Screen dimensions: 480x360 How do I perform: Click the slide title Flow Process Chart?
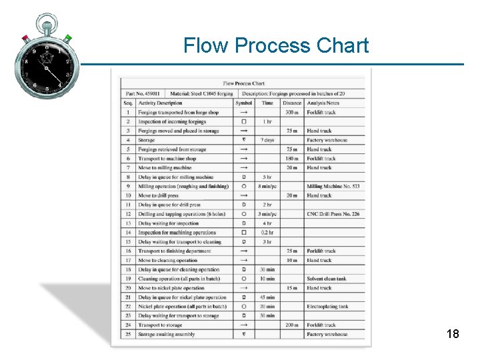coord(275,45)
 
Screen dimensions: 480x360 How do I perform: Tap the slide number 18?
coord(453,334)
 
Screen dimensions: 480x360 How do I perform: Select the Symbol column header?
coord(244,103)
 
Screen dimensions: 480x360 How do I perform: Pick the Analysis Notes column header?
coord(323,103)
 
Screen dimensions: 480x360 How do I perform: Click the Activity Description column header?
coord(160,103)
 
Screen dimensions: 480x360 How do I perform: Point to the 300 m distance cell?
coord(292,112)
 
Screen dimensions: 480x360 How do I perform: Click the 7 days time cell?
coord(267,140)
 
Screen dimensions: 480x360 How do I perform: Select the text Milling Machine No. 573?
coord(333,187)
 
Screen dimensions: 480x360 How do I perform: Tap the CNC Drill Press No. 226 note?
coord(333,214)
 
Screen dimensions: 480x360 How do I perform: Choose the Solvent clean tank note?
coord(327,279)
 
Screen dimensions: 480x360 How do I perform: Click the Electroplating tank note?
coord(327,307)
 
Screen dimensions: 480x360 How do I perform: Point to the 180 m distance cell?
coord(292,159)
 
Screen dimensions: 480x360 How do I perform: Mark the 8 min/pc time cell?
coord(267,187)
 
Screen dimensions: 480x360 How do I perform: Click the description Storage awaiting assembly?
coord(167,334)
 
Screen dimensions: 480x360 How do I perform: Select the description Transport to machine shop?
coord(167,159)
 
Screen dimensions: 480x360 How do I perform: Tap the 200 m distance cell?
coord(292,325)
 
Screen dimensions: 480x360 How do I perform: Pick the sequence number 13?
coord(128,223)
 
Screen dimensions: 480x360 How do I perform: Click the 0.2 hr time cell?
coord(267,233)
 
